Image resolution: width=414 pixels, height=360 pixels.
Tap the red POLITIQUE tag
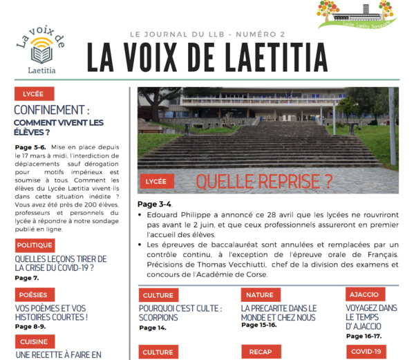tap(35, 245)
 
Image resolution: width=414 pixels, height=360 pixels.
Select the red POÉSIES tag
tap(32, 294)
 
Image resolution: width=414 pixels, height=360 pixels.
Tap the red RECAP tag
tap(261, 352)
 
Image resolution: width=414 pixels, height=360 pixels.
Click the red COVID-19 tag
tap(366, 352)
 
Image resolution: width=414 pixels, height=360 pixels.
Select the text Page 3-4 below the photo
tap(154, 204)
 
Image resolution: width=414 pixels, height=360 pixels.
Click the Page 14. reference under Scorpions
tap(152, 328)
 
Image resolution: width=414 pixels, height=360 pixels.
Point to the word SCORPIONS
tap(158, 318)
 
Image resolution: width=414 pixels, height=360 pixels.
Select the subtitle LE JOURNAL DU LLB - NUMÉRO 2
tap(207, 34)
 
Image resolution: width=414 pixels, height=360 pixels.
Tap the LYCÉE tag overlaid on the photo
tap(156, 182)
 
